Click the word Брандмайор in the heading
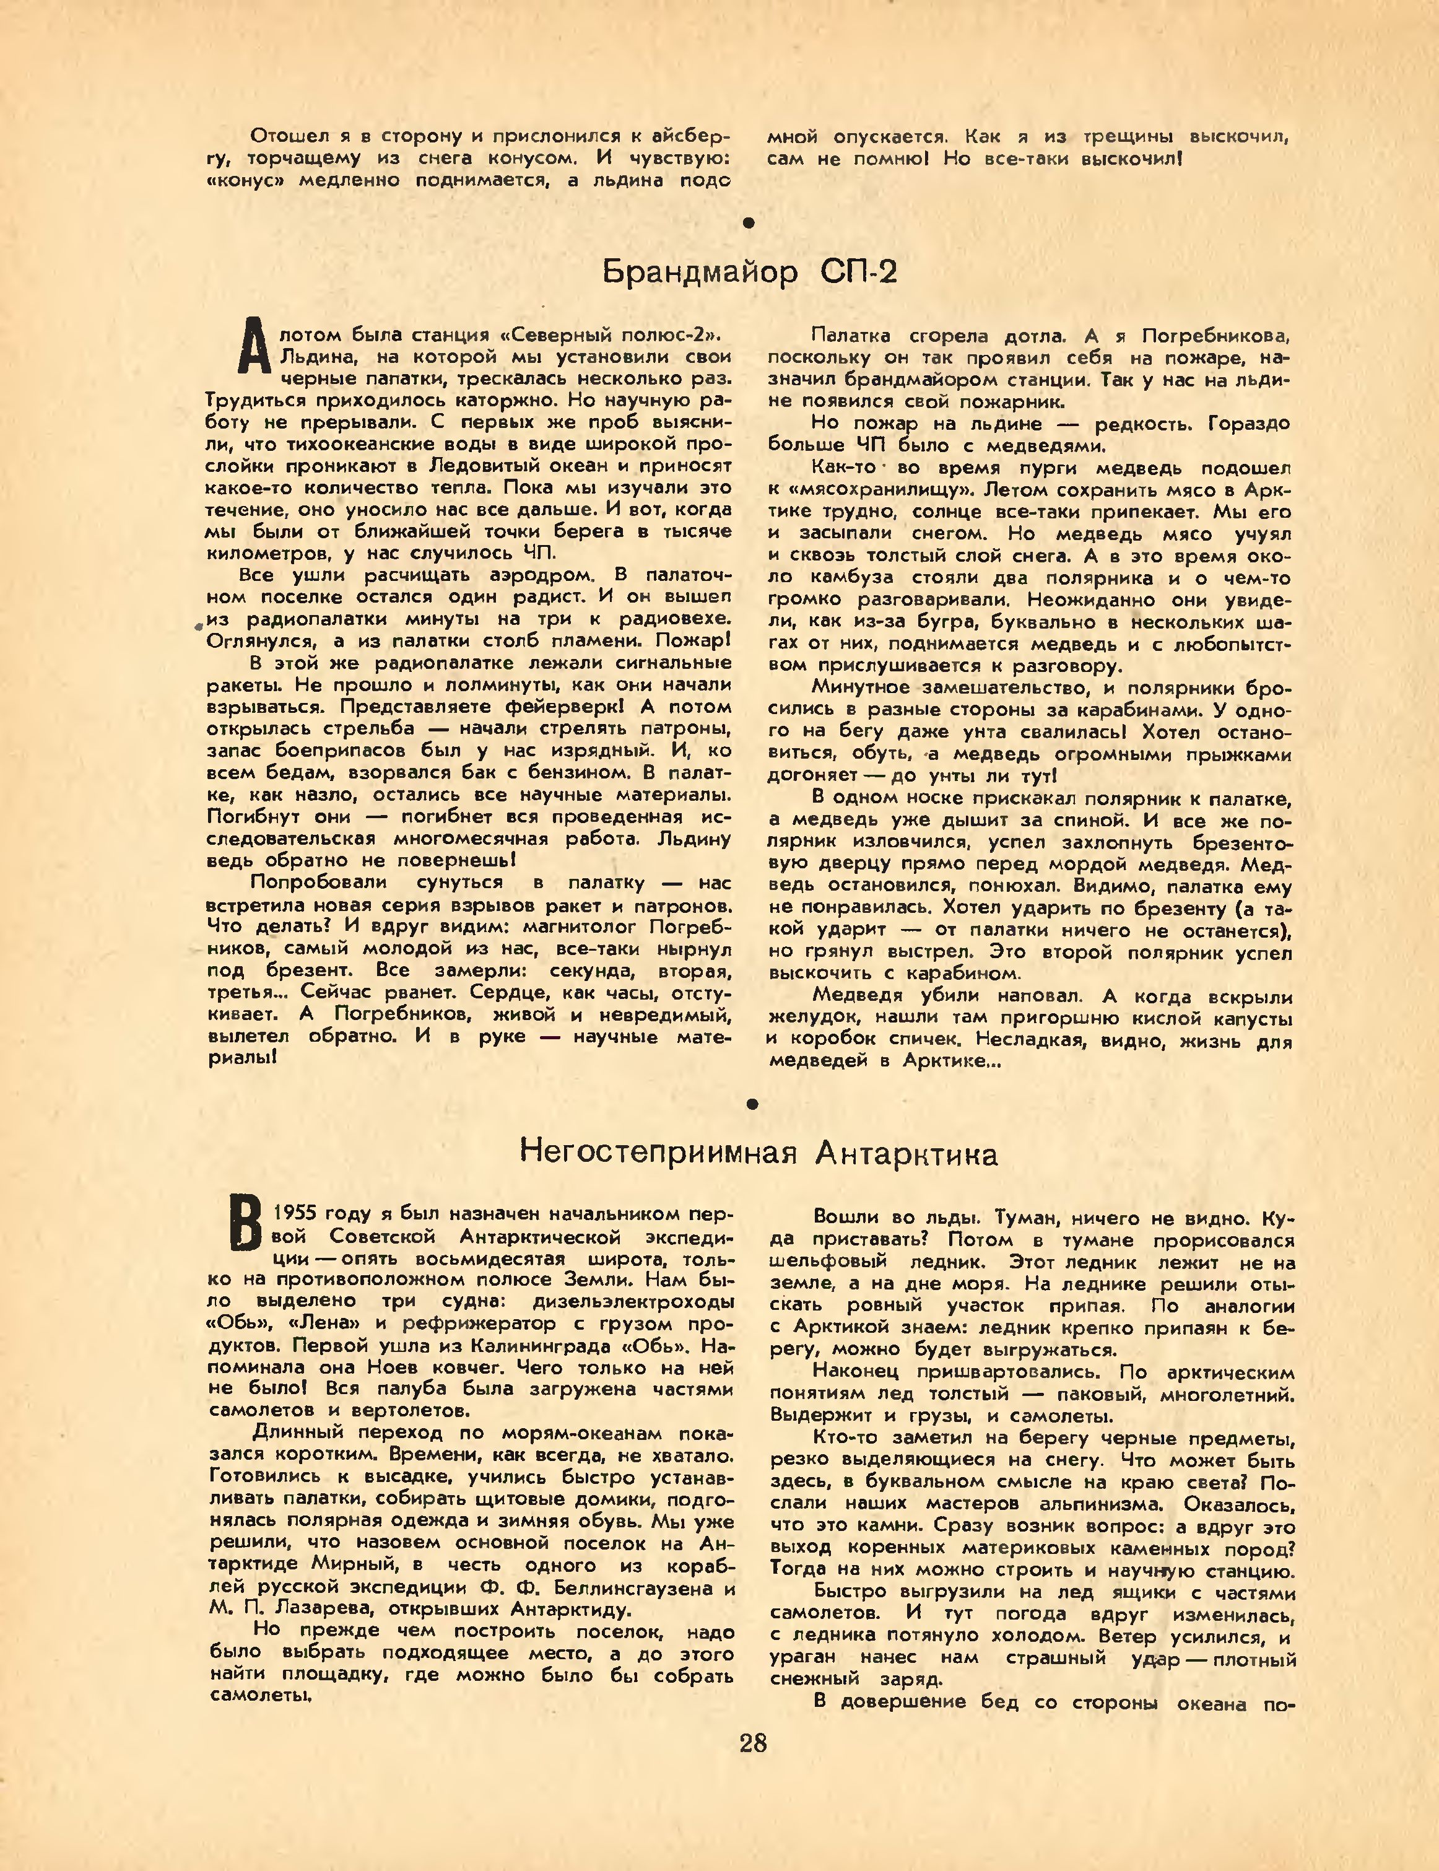tap(700, 273)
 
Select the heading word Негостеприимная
tap(659, 1154)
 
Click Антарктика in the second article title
tap(906, 1154)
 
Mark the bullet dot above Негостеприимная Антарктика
tap(752, 1104)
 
